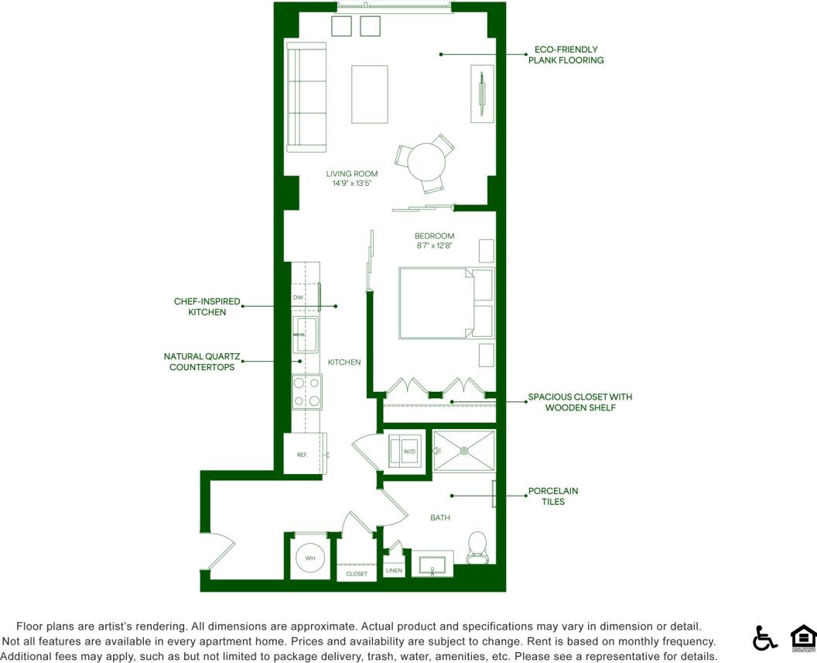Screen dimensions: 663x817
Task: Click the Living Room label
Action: pyautogui.click(x=352, y=173)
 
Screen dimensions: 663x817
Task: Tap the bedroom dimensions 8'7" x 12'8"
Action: pyautogui.click(x=434, y=246)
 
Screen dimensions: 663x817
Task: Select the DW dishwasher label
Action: pyautogui.click(x=298, y=297)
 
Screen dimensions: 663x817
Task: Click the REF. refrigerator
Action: pyautogui.click(x=303, y=455)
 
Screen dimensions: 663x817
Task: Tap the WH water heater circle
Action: pyautogui.click(x=310, y=558)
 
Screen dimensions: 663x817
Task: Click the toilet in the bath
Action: pyautogui.click(x=477, y=546)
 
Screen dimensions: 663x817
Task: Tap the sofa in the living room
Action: pyautogui.click(x=306, y=97)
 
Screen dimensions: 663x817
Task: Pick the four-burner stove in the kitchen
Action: pyautogui.click(x=306, y=391)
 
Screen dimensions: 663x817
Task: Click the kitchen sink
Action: pyautogui.click(x=306, y=334)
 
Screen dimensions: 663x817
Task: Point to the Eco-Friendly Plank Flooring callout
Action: pyautogui.click(x=566, y=54)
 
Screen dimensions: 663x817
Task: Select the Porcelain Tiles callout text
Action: pyautogui.click(x=552, y=496)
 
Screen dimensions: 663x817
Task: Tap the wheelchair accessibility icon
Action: pyautogui.click(x=764, y=637)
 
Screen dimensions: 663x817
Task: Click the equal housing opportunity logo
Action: pyautogui.click(x=803, y=637)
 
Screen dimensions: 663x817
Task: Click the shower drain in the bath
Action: pyautogui.click(x=464, y=450)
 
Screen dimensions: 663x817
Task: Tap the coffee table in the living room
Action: pyautogui.click(x=369, y=94)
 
